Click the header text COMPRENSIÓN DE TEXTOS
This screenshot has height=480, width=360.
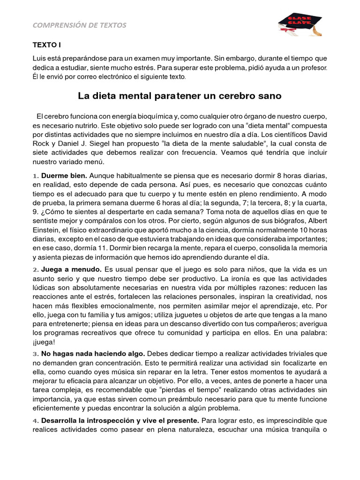(79, 25)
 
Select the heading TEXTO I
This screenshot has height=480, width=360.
(46, 45)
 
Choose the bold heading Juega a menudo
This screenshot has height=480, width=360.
(71, 270)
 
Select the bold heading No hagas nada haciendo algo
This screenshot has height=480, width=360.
(93, 353)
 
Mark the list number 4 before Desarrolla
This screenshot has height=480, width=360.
(35, 420)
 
